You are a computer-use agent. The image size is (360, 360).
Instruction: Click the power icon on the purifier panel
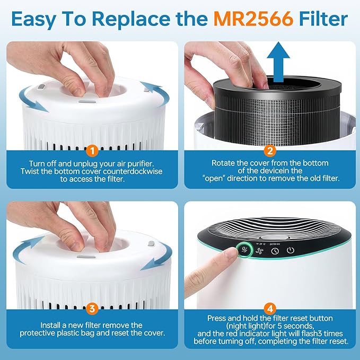(290, 250)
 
